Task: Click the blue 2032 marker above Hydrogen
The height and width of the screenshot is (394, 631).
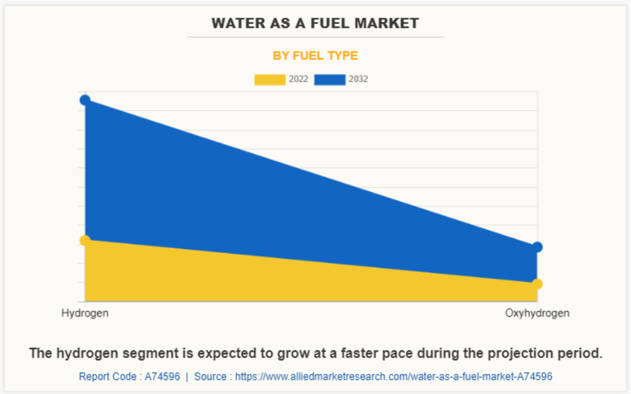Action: pos(85,100)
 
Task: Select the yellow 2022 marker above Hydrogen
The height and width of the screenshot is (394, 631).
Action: pos(85,240)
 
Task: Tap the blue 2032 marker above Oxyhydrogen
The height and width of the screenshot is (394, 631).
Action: pos(537,247)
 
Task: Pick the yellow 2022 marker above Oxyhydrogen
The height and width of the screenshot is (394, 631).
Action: pos(537,283)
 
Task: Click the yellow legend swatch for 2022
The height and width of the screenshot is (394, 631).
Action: pos(269,80)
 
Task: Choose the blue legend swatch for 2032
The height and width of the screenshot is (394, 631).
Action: pos(330,80)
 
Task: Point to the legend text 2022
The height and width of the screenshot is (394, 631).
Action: pos(298,80)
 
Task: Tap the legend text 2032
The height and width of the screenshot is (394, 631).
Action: pos(358,80)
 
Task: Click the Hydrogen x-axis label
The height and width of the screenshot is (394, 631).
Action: pos(85,313)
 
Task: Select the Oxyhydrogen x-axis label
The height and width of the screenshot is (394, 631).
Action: pos(537,313)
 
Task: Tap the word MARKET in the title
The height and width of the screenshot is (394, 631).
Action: pos(390,23)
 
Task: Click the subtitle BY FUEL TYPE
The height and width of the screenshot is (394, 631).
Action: pos(315,56)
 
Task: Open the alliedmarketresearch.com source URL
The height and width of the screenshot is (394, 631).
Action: pos(393,376)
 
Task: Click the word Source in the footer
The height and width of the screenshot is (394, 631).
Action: pos(210,376)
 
